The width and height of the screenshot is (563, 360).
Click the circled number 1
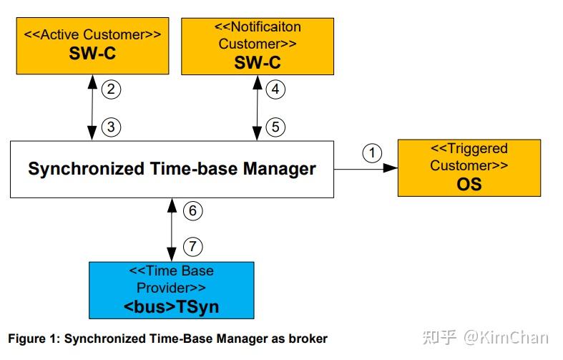tap(371, 152)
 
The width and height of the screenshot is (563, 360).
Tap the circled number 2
tap(111, 89)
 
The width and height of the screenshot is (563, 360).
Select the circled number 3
tap(111, 127)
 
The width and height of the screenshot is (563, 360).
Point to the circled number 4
tap(275, 89)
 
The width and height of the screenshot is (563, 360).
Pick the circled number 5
tap(275, 127)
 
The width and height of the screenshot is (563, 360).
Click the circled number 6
tap(192, 210)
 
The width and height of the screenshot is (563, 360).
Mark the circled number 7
tap(192, 247)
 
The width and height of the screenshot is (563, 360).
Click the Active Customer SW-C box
tap(92, 46)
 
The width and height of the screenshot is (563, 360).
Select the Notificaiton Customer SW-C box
tap(258, 46)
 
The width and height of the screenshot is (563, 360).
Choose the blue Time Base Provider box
tap(171, 290)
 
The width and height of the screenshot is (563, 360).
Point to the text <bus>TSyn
tap(171, 308)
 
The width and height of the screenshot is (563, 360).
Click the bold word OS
tap(469, 184)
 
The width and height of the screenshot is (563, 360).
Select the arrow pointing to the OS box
tap(366, 169)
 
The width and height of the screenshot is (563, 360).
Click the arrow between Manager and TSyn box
tap(172, 229)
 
